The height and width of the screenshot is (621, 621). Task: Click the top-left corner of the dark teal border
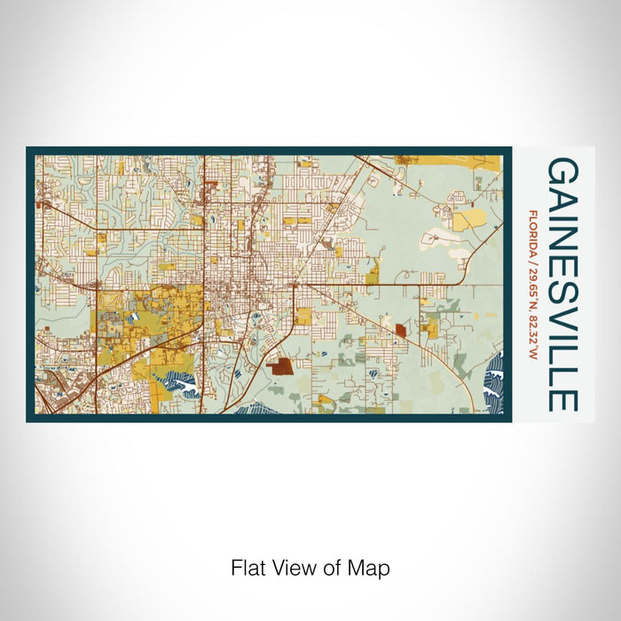(28, 149)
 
